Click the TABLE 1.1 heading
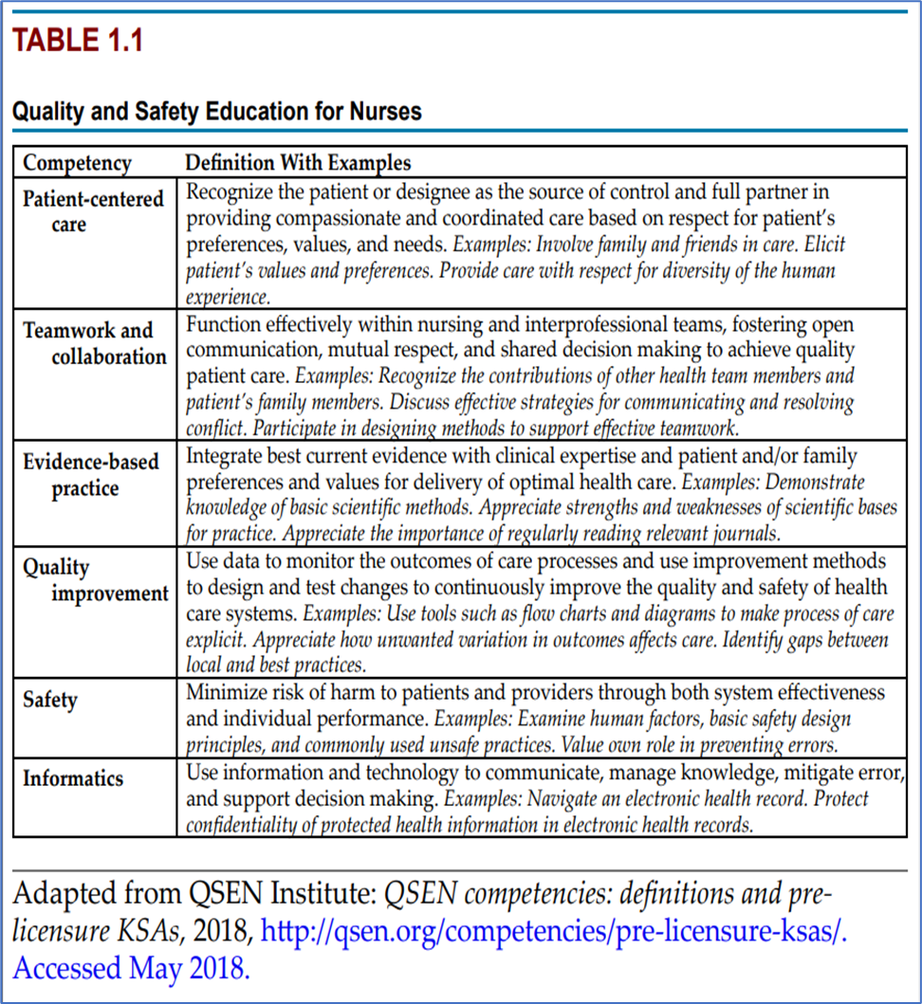(77, 42)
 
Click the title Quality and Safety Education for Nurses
(216, 111)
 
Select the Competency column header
(77, 163)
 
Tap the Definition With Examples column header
(298, 163)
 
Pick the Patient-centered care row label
(93, 211)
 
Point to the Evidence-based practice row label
(91, 475)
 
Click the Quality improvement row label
(95, 580)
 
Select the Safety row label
(50, 700)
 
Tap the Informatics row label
(73, 778)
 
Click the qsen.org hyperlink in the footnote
(553, 931)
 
